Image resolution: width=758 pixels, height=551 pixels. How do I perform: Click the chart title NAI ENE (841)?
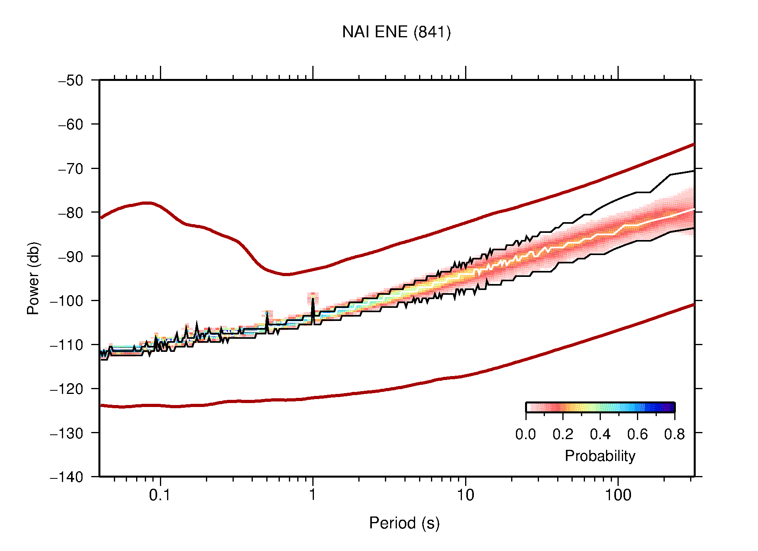pyautogui.click(x=396, y=32)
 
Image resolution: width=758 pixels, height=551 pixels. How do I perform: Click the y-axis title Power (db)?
pyautogui.click(x=33, y=278)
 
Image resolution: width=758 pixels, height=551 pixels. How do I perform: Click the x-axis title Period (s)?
pyautogui.click(x=404, y=523)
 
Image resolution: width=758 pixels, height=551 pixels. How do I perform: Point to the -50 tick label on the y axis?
pyautogui.click(x=71, y=81)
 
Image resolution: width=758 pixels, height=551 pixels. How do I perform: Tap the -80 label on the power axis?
pyautogui.click(x=71, y=213)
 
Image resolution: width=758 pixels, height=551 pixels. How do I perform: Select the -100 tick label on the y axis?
pyautogui.click(x=67, y=301)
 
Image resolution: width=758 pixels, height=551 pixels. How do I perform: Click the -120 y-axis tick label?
pyautogui.click(x=67, y=389)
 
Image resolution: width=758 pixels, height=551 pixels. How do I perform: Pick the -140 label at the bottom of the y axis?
pyautogui.click(x=67, y=477)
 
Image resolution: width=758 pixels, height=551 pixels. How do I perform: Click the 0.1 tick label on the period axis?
pyautogui.click(x=160, y=495)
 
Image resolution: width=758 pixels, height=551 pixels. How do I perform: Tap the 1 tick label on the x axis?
pyautogui.click(x=313, y=495)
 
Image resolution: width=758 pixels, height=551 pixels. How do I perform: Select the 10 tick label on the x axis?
pyautogui.click(x=465, y=495)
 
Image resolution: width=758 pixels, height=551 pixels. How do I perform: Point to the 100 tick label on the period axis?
pyautogui.click(x=618, y=495)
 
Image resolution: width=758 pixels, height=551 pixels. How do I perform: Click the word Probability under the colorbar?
pyautogui.click(x=600, y=456)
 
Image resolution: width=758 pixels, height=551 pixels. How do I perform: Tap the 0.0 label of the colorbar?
pyautogui.click(x=525, y=435)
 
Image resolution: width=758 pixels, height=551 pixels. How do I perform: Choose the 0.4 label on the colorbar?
pyautogui.click(x=600, y=435)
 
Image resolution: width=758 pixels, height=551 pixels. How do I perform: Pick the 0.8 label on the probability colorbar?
pyautogui.click(x=674, y=435)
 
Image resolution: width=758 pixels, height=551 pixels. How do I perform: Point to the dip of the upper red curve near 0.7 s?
pyautogui.click(x=287, y=274)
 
